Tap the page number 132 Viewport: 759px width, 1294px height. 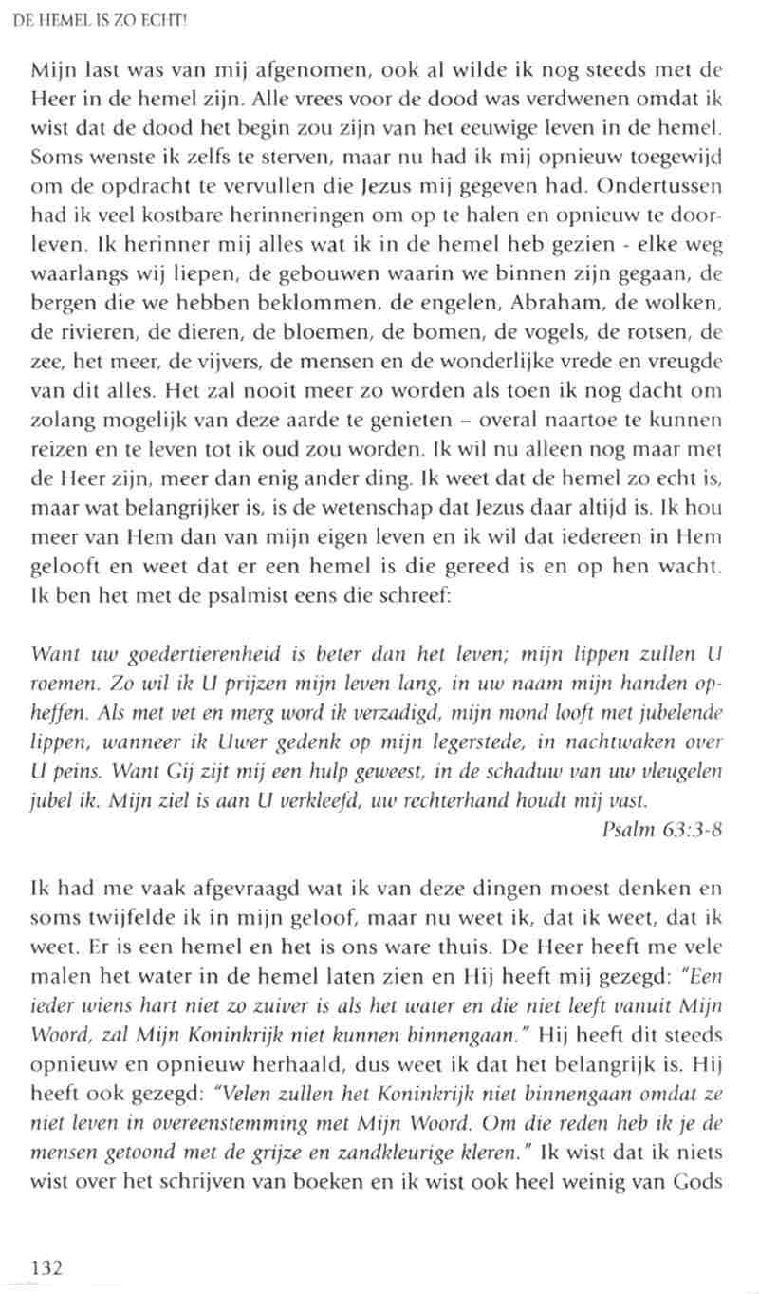(x=47, y=1267)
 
